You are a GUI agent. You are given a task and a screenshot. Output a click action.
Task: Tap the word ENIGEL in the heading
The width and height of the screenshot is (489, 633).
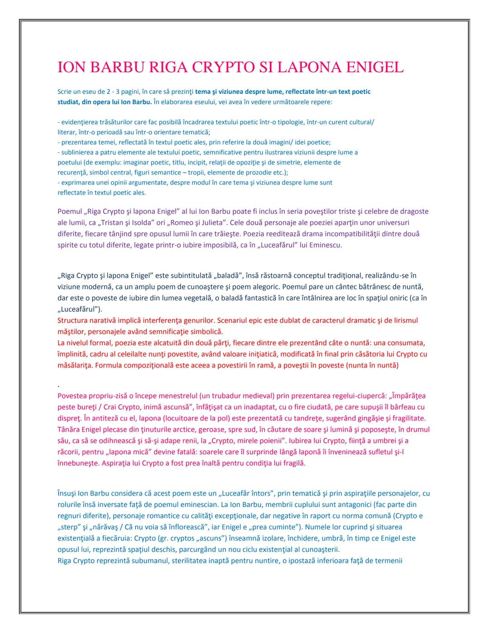tap(374, 67)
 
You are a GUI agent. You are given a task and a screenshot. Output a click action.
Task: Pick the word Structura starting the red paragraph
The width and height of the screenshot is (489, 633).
tap(72, 320)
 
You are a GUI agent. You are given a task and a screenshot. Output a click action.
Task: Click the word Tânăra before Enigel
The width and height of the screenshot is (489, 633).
tap(69, 429)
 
